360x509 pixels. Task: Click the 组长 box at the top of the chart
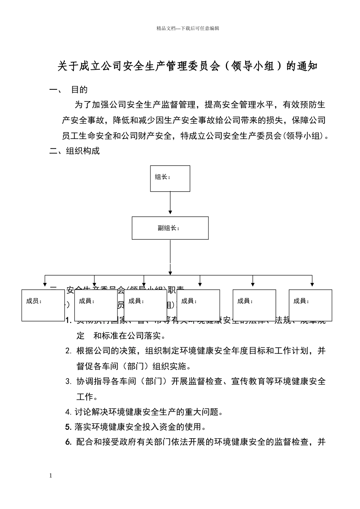point(170,178)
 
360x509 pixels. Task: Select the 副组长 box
point(170,228)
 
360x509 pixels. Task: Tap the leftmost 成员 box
point(43,305)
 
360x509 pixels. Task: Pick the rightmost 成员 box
point(310,305)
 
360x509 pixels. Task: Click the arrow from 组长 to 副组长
point(170,203)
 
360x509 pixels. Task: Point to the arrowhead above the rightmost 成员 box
point(312,283)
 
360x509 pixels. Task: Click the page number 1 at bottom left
point(50,476)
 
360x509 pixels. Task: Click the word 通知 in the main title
point(307,67)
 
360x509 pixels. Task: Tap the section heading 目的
point(80,90)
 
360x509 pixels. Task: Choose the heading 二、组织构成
point(75,151)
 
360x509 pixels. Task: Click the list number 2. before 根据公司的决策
point(68,351)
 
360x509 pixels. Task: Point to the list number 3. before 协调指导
point(68,382)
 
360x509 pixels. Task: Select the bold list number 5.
point(68,427)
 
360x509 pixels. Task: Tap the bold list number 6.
point(68,442)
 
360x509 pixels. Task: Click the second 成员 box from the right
point(254,305)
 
